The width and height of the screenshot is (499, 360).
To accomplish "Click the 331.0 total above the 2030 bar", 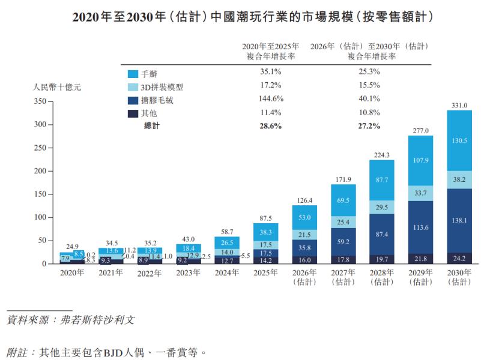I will [459, 106].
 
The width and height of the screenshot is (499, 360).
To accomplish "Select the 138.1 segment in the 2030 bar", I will [459, 221].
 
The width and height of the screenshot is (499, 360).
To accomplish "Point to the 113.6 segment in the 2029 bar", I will [420, 227].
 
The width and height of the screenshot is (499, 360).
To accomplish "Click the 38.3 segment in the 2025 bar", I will [266, 232].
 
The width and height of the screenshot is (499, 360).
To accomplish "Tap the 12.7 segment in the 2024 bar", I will [228, 260].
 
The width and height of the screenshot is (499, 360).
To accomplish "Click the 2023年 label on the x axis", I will [189, 273].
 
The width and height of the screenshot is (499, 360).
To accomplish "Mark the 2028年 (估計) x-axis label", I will [382, 277].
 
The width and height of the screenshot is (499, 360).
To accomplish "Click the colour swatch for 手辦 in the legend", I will [133, 74].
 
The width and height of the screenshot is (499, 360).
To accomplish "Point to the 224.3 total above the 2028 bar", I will [382, 154].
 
